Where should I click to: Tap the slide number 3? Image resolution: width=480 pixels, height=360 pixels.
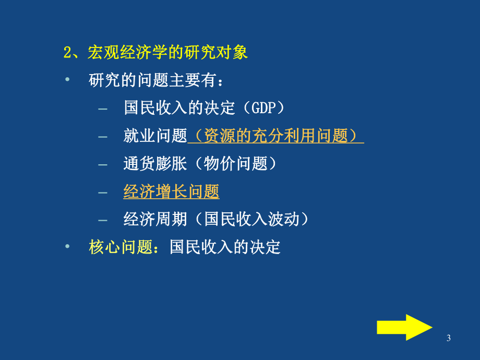pos(449,339)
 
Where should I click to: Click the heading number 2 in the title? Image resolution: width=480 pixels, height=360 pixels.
pos(67,53)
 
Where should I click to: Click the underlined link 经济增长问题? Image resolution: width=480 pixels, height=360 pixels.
pos(171,192)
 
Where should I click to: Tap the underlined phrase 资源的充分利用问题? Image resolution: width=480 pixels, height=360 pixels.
pos(275,137)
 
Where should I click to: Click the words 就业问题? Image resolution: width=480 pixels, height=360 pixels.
pos(155,137)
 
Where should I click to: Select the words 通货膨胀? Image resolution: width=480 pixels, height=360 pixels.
pos(155,164)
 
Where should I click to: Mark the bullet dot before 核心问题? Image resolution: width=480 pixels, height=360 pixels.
pos(67,246)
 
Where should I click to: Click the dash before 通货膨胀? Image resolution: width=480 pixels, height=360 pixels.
pos(103,165)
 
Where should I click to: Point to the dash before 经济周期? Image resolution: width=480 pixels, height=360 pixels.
pos(103,220)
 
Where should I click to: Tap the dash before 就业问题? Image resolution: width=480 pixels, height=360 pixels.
pos(103,137)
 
